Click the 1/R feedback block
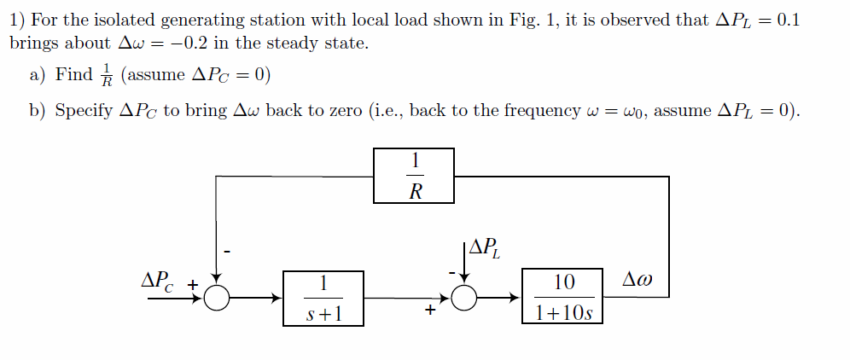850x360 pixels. click(x=414, y=176)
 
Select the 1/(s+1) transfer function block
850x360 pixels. click(x=323, y=298)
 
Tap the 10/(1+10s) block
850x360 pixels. click(x=562, y=298)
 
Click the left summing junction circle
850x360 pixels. click(x=218, y=298)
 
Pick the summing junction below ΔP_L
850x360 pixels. click(x=464, y=298)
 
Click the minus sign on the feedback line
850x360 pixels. click(x=227, y=252)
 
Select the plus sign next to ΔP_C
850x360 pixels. click(x=193, y=282)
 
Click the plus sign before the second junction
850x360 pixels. click(x=431, y=312)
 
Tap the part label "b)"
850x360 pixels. click(x=38, y=111)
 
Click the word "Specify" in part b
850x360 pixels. click(x=84, y=112)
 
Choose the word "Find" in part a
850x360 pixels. click(x=74, y=74)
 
